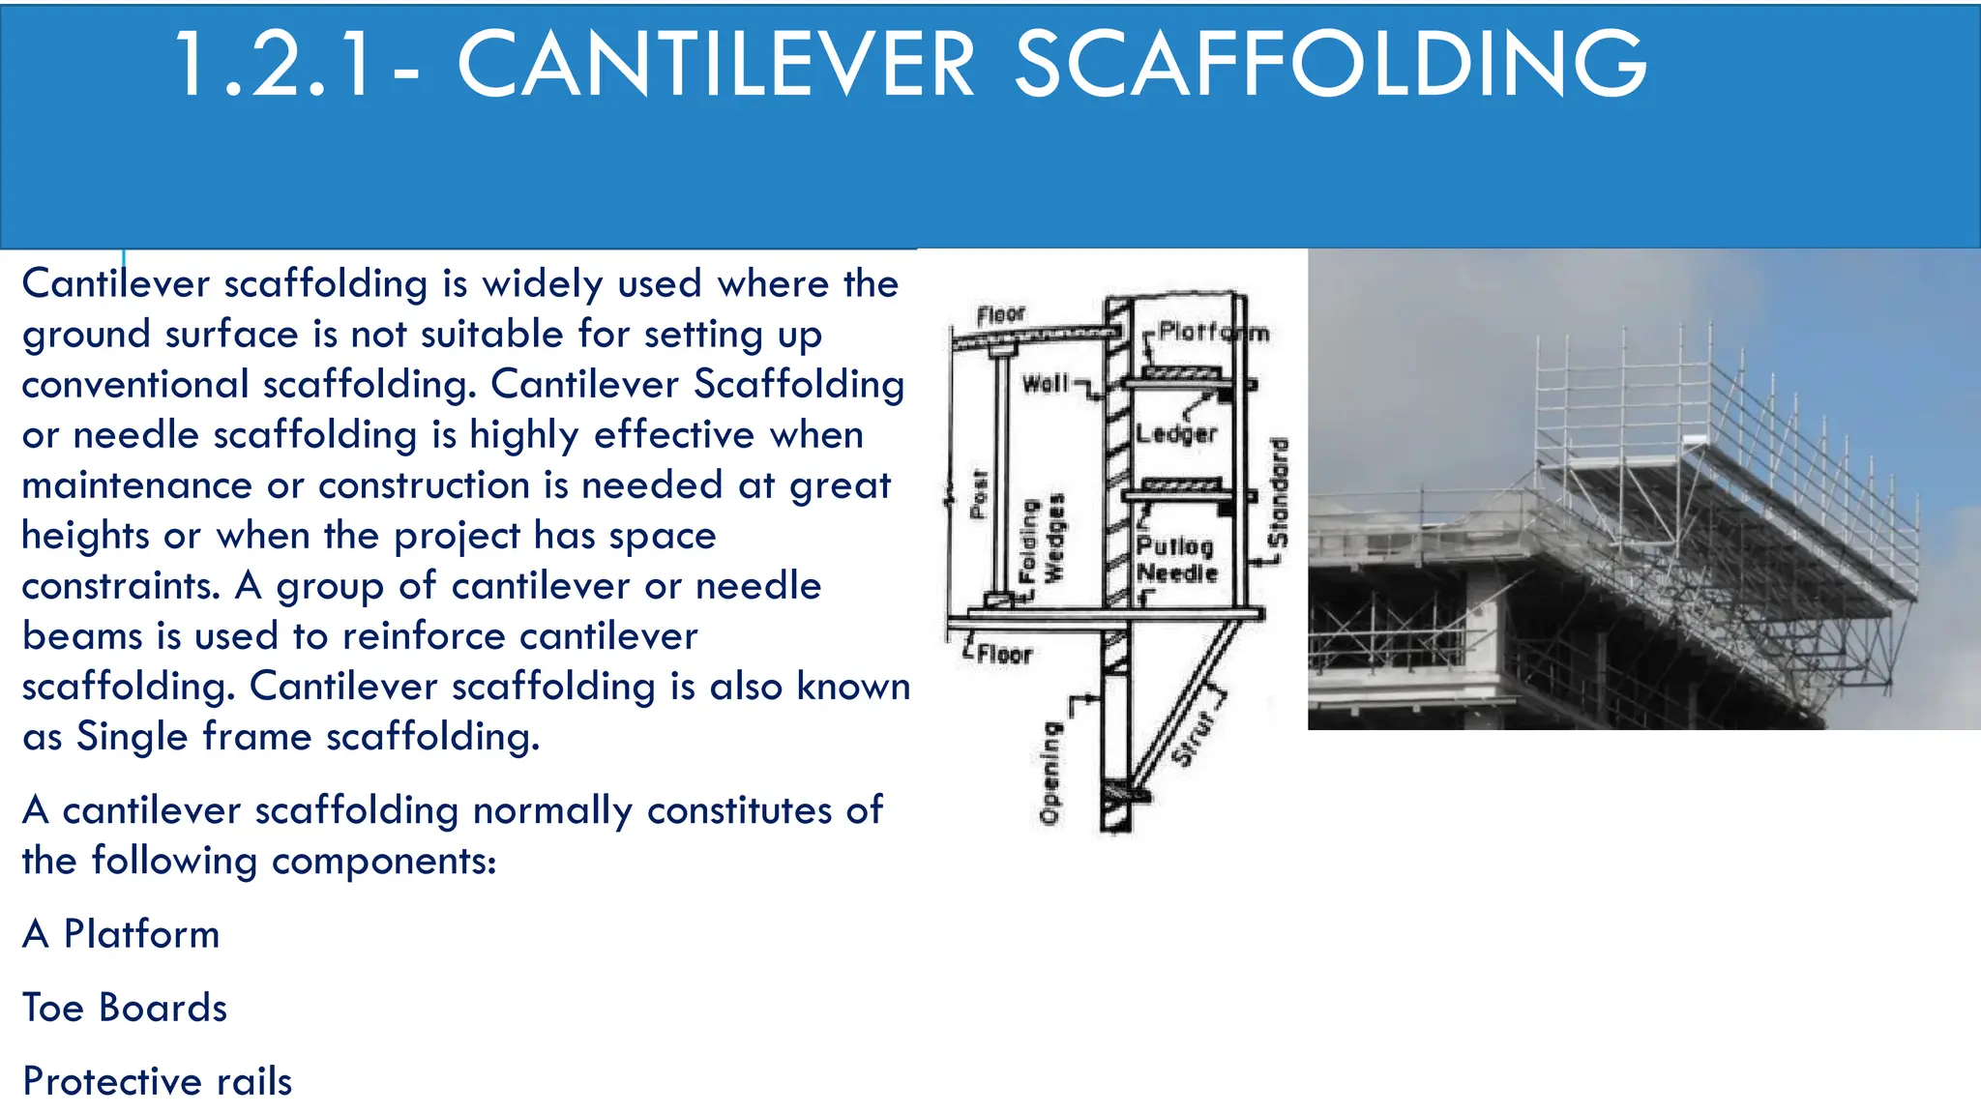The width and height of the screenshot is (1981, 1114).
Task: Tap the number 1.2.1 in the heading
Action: (x=274, y=66)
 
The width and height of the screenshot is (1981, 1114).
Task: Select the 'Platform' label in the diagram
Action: (x=1213, y=333)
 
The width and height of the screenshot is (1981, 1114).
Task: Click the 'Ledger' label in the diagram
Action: (x=1176, y=434)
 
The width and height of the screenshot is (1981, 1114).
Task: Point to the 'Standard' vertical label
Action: (x=1279, y=493)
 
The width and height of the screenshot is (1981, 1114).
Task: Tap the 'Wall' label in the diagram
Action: (x=1046, y=384)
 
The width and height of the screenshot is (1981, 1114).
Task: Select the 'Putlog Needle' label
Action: (x=1176, y=560)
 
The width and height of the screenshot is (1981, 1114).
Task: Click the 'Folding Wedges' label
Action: (x=1042, y=540)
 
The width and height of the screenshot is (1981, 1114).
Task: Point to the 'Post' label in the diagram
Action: (x=979, y=493)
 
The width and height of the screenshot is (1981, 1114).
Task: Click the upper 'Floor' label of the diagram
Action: (x=1000, y=314)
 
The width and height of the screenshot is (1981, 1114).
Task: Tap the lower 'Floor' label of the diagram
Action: (x=1004, y=655)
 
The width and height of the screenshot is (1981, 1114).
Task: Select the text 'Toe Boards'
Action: (x=125, y=1008)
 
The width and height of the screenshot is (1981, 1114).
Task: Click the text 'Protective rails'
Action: (x=157, y=1081)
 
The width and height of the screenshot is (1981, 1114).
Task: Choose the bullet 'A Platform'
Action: (x=121, y=934)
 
